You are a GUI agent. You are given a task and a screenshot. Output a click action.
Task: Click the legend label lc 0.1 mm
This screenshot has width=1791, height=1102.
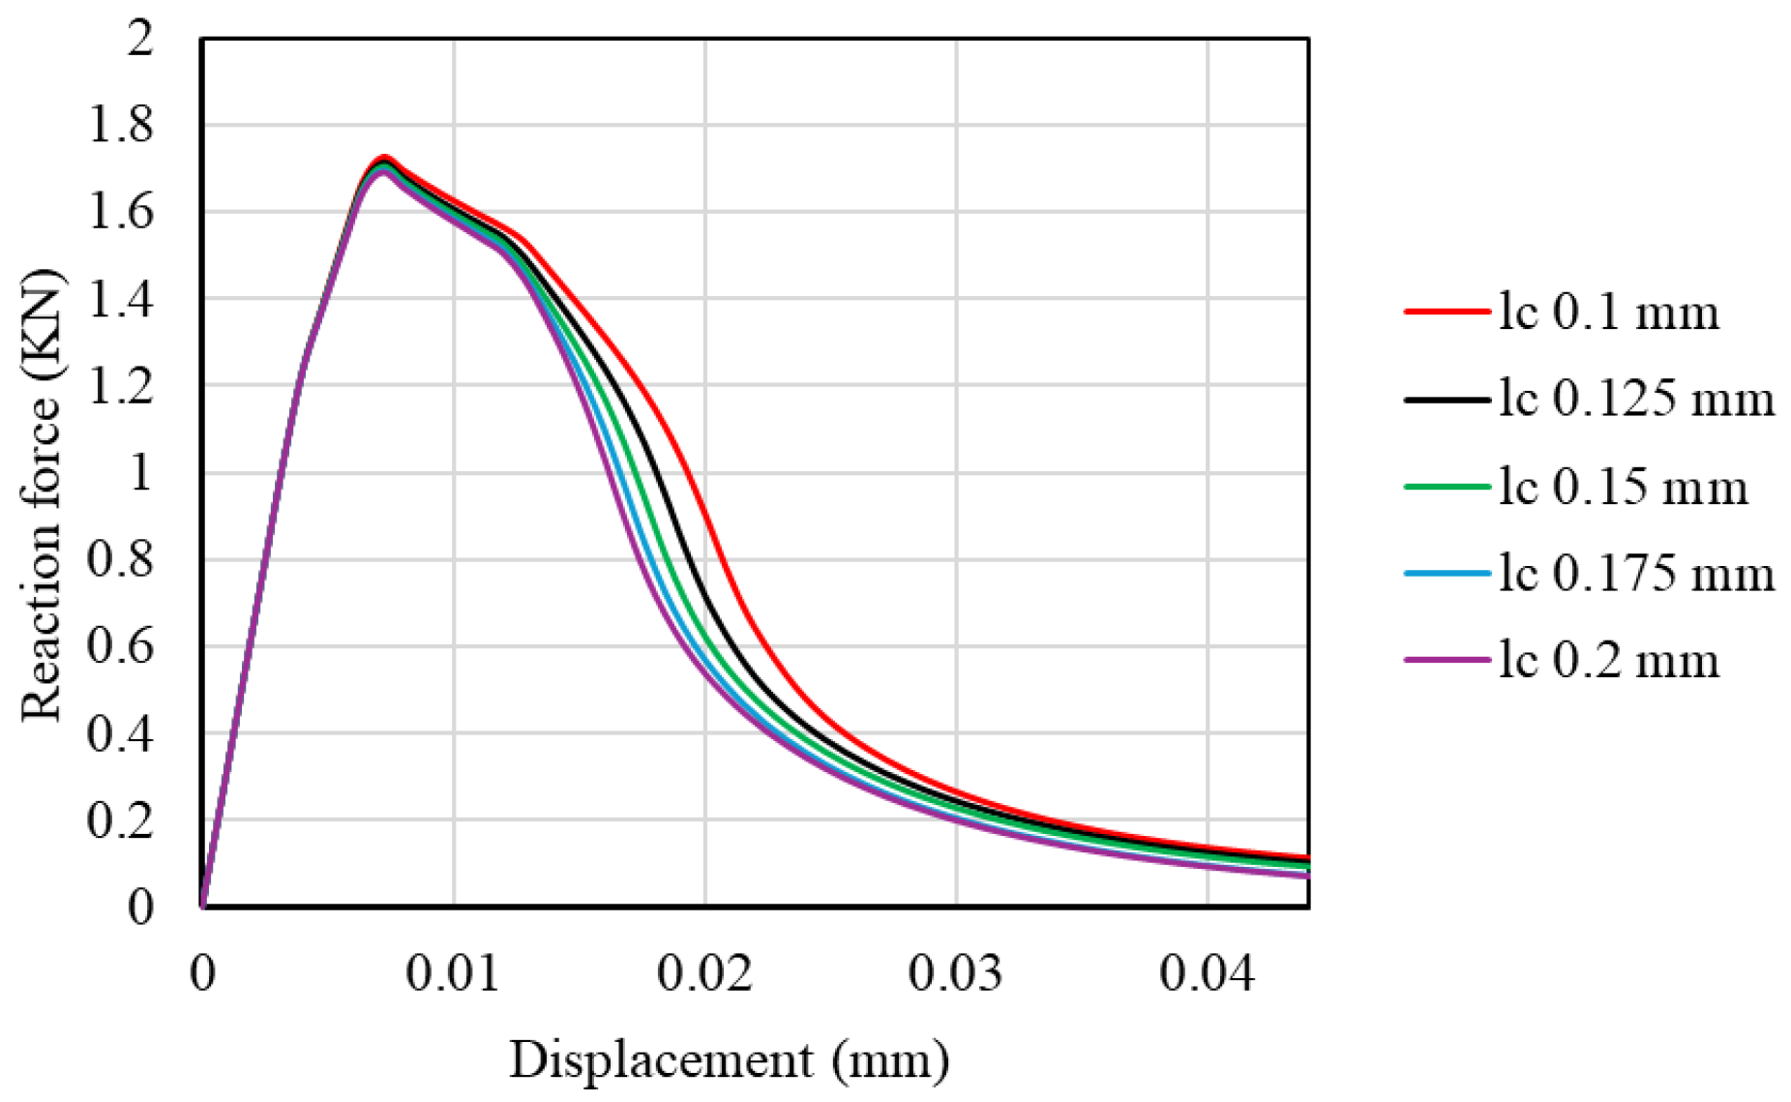(1609, 313)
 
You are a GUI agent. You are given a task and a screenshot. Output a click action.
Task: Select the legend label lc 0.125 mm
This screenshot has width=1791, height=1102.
(1636, 399)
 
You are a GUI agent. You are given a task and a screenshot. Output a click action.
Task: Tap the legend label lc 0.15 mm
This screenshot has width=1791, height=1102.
(1623, 486)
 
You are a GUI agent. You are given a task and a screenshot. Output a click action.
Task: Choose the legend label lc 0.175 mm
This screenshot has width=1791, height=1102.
(1636, 574)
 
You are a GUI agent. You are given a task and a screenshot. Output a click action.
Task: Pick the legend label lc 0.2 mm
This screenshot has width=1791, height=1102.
(1609, 661)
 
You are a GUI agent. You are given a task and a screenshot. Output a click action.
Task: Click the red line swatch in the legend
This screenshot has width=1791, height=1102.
(1446, 312)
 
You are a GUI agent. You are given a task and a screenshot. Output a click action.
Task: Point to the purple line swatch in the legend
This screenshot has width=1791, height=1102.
(1446, 660)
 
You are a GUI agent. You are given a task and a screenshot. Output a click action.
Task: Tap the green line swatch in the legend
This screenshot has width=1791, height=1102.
(1446, 486)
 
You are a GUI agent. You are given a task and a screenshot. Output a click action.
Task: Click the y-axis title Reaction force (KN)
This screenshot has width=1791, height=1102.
(42, 494)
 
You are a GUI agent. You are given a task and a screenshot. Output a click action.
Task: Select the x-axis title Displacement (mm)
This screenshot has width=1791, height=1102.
(730, 1060)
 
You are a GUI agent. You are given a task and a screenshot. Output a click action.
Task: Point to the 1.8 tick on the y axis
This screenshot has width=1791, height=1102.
(120, 126)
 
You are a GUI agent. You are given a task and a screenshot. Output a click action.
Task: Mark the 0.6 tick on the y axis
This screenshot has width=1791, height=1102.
(120, 646)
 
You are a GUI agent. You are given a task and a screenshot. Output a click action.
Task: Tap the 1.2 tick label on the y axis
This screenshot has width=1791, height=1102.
(120, 386)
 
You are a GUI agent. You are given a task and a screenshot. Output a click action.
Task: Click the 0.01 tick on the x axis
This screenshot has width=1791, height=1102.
(453, 973)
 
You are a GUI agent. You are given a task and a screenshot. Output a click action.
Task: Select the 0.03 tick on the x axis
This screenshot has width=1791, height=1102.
(956, 973)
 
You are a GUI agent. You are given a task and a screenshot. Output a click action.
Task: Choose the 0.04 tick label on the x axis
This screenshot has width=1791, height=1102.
(1208, 973)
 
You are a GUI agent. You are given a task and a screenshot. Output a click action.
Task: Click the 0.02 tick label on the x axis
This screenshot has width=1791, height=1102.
(704, 973)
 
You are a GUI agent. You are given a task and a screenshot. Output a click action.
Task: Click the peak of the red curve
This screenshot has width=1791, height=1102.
(384, 157)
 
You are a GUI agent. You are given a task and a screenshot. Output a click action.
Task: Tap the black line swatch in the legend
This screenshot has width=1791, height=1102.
(1446, 399)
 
